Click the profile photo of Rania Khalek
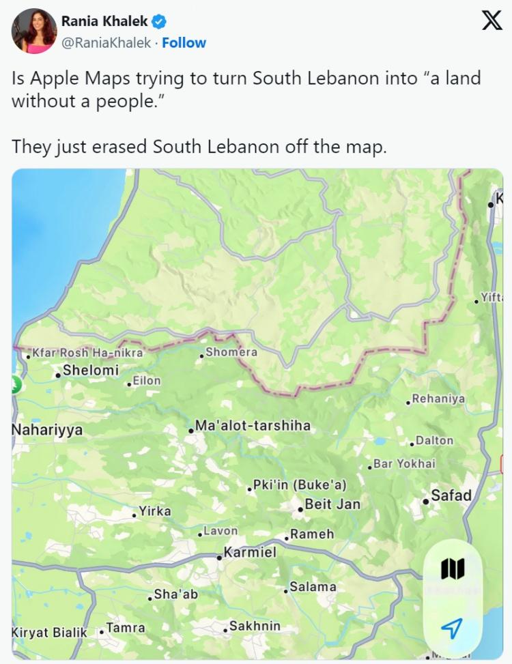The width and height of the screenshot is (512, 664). (x=33, y=31)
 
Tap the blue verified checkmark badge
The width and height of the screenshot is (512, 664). (x=160, y=22)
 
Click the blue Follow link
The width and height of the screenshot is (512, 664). (x=184, y=42)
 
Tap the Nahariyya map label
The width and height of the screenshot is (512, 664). (x=47, y=430)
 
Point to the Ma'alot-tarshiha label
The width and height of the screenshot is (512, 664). (x=253, y=426)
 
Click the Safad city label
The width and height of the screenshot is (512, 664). (x=451, y=495)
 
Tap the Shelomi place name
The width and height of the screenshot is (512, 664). (x=90, y=371)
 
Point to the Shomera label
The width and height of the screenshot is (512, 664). (x=231, y=352)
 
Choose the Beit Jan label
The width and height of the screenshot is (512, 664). (x=332, y=504)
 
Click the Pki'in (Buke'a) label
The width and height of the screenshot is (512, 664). (x=300, y=485)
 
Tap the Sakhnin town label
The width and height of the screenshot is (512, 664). (x=254, y=626)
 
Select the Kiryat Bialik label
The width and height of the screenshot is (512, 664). (x=49, y=632)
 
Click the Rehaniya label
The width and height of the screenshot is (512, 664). (x=438, y=399)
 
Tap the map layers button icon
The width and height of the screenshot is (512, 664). (x=453, y=568)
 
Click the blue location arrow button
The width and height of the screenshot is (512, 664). (x=452, y=628)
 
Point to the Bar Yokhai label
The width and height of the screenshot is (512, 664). (x=404, y=464)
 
